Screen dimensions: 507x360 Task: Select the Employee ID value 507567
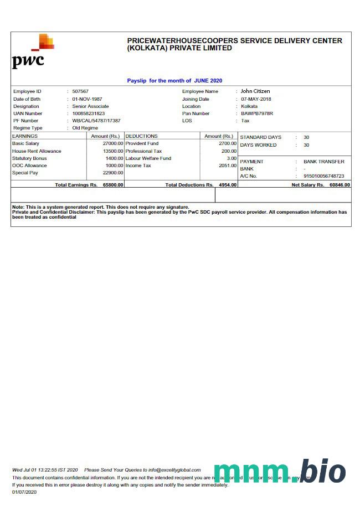pos(80,91)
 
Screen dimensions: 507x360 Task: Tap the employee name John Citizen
pos(255,91)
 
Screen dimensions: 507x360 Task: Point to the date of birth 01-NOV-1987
pos(87,99)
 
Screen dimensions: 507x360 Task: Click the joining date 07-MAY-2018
pos(256,99)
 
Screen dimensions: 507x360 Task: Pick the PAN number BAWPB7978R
pos(257,113)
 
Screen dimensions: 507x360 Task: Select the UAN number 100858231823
pos(88,113)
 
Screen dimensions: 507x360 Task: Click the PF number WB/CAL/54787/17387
pos(96,121)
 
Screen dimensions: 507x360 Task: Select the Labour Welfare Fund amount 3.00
pos(232,158)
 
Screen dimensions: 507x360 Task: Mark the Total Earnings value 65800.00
pos(113,185)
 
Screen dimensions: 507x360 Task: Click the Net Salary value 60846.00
pos(340,185)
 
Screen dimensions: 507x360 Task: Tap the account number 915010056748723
pos(323,176)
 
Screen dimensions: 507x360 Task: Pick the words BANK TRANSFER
pos(323,162)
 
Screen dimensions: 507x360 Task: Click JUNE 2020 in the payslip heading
pos(208,81)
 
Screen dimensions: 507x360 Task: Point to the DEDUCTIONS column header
pos(142,136)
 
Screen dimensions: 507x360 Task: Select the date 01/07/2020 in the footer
pos(24,492)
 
